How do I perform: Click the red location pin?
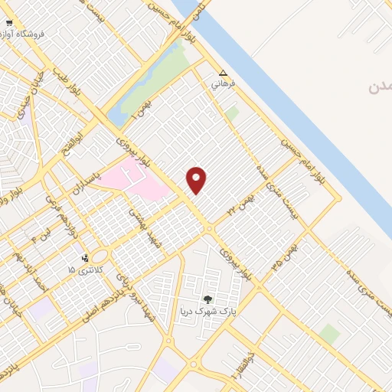(x=197, y=180)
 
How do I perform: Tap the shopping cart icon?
(x=8, y=24)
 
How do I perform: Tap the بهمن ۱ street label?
(x=145, y=108)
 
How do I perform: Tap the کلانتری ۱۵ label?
(x=83, y=269)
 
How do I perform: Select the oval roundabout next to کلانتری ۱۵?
(x=103, y=255)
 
